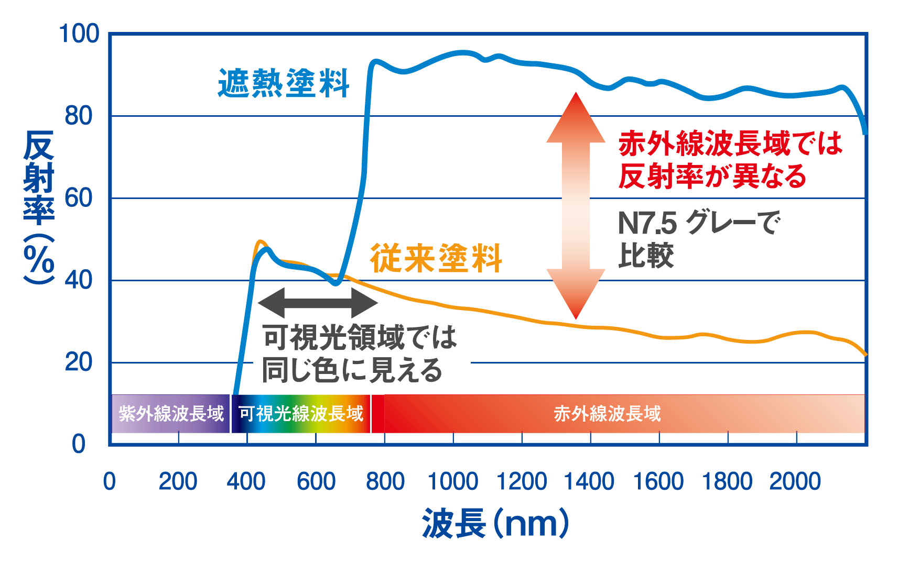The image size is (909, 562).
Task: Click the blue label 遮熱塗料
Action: coord(284,83)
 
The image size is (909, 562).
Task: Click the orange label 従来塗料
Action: coord(436,258)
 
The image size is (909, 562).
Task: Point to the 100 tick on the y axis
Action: coord(79,34)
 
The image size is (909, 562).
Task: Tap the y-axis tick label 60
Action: coord(79,198)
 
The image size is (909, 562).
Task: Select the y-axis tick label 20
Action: coord(79,362)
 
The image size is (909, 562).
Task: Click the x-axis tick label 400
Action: coord(246,481)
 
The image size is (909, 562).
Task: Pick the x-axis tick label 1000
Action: coord(453,481)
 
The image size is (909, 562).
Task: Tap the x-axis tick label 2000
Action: coord(795,481)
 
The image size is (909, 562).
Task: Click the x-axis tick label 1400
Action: coord(589,481)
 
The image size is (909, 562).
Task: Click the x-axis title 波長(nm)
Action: coord(495,523)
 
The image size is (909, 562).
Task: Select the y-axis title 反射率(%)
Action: coord(39,207)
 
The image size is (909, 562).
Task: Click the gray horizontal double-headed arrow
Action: coord(318,302)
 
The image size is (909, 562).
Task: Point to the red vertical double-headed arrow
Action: coord(576,205)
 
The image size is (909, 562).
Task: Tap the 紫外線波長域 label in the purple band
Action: coord(171,414)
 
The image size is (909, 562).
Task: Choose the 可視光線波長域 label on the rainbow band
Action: coord(301,414)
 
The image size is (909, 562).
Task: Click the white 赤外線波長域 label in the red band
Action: coord(607,414)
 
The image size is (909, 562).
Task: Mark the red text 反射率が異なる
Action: coord(712,176)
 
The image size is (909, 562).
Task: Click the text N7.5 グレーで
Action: coord(699,223)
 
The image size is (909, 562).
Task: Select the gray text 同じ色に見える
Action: coord(352,370)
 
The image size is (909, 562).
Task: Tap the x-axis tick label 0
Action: coord(110,481)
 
